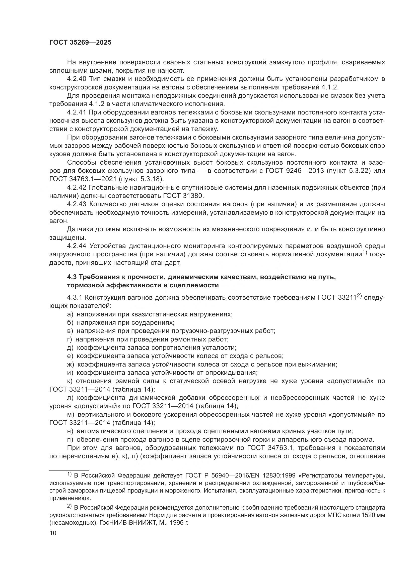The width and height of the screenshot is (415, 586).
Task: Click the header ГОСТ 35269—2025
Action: pyautogui.click(x=81, y=42)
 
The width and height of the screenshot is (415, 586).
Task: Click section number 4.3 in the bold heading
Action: pyautogui.click(x=72, y=277)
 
